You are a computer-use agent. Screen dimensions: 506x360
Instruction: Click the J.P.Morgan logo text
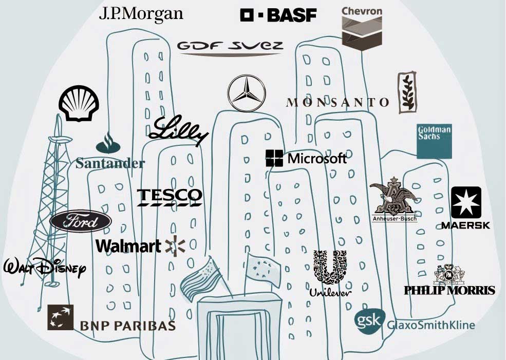(x=141, y=14)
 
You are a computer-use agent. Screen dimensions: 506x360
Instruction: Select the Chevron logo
(x=362, y=28)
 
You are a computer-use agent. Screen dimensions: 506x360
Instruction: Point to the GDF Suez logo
(x=230, y=48)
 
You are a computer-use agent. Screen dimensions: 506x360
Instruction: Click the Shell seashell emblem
(x=79, y=103)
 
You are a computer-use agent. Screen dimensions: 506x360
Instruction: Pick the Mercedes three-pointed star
(x=247, y=93)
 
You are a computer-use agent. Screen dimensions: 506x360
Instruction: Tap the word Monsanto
(x=338, y=102)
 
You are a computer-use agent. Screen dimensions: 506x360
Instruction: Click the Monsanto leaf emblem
(x=407, y=92)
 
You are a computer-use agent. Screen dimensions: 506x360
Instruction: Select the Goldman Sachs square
(x=434, y=141)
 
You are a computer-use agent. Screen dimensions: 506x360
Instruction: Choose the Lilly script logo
(x=178, y=130)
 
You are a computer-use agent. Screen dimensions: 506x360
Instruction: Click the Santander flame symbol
(x=108, y=144)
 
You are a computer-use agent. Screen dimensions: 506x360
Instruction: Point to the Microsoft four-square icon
(x=274, y=158)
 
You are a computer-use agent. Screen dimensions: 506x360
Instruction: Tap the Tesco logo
(x=170, y=197)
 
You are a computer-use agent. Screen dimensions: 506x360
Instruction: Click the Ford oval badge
(x=81, y=221)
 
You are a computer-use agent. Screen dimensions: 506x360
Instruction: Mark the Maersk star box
(x=466, y=202)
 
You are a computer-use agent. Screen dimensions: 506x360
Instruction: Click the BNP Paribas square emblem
(x=60, y=317)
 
